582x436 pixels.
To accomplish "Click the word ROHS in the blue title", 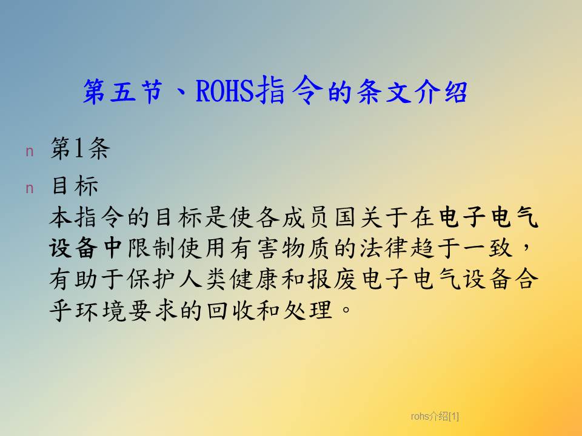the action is coord(224,91).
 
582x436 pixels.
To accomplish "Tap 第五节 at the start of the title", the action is coord(123,91).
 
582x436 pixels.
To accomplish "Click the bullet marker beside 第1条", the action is coord(30,151).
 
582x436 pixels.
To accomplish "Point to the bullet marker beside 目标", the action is coord(30,189).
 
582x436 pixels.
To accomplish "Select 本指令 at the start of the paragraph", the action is coord(86,217).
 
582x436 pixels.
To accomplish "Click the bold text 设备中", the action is coord(85,248).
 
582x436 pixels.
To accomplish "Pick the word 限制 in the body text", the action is coord(151,248).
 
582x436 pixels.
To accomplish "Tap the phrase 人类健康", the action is coord(228,279).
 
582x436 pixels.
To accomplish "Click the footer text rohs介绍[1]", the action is coord(435,417).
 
